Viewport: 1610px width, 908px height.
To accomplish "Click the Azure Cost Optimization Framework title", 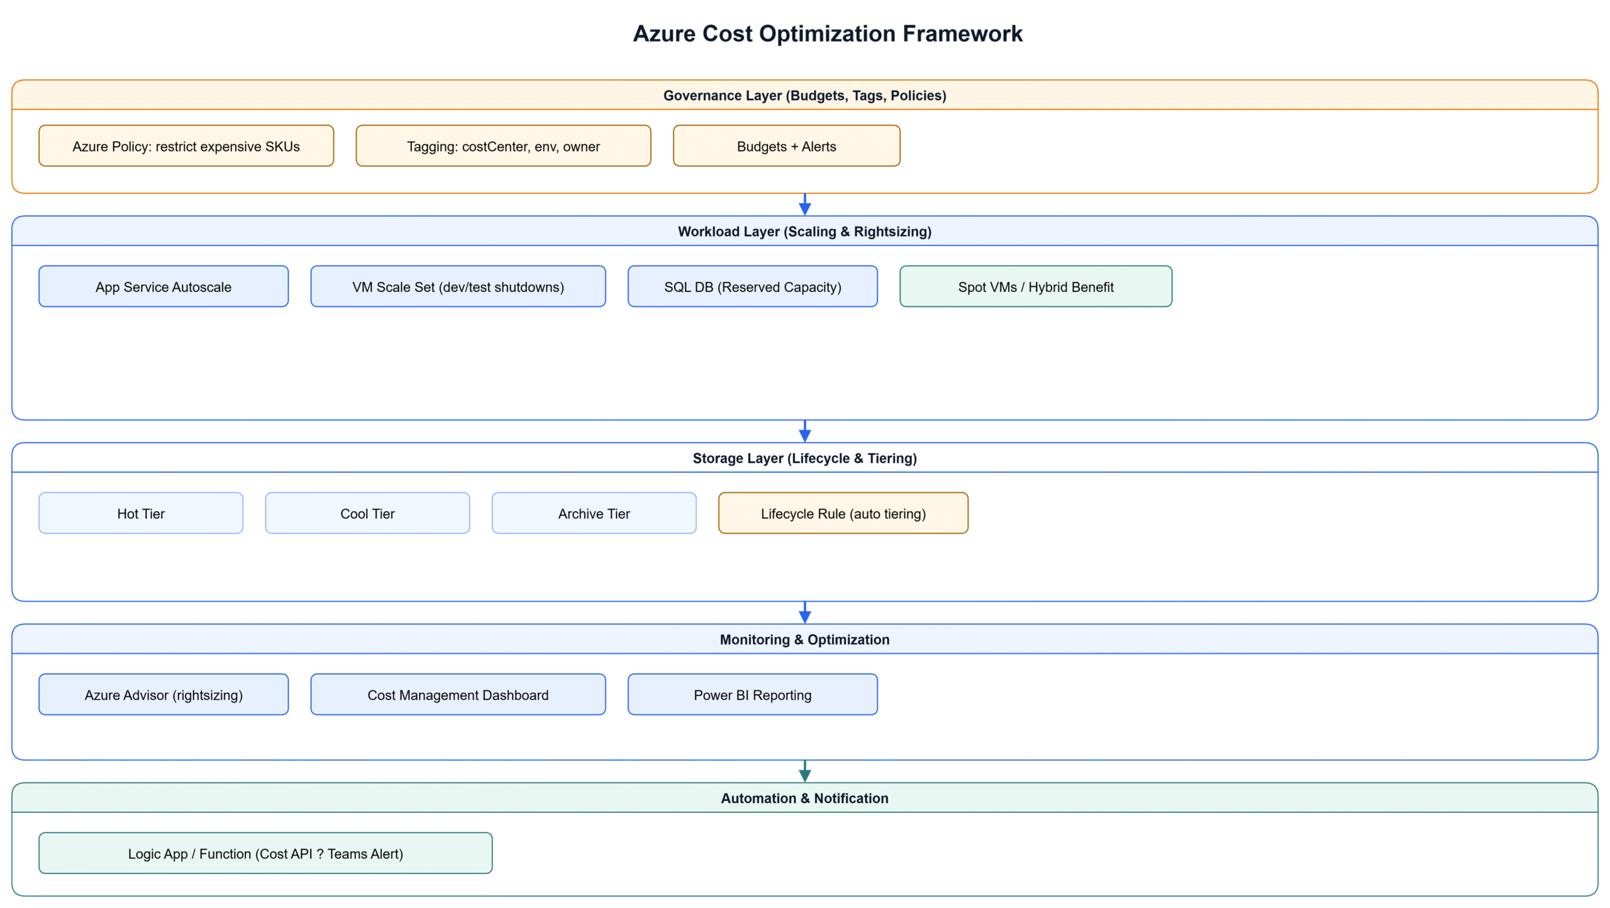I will tap(827, 33).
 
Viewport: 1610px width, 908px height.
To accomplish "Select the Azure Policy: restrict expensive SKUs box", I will tap(186, 146).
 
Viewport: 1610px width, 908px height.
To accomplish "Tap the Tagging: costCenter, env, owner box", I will tap(503, 146).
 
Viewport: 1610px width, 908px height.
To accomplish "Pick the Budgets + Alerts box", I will tap(786, 146).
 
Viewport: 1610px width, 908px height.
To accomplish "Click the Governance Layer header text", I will tap(804, 95).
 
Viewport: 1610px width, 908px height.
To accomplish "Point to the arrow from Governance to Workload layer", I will tap(804, 205).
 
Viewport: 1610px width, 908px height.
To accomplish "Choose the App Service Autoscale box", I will tap(164, 286).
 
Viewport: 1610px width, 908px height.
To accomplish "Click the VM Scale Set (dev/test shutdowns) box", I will tap(458, 286).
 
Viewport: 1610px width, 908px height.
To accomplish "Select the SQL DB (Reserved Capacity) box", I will tap(752, 286).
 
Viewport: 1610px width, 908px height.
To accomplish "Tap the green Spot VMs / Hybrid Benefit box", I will tap(1035, 286).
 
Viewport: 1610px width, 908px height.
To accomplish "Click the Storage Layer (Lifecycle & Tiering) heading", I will tap(804, 458).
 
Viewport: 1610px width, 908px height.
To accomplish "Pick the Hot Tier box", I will tap(141, 513).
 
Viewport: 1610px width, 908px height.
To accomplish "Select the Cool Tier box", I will tap(367, 513).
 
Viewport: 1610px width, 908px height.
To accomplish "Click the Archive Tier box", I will tap(594, 513).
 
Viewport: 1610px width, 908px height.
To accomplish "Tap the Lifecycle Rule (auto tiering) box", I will tap(843, 513).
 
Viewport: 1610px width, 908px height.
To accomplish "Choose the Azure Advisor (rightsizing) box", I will tap(164, 695).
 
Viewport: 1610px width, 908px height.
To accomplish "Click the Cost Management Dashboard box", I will tap(458, 695).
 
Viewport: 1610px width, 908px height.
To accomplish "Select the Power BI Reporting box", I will tap(752, 695).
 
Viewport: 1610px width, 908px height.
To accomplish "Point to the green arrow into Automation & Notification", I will tap(804, 771).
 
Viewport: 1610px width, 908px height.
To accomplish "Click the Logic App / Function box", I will tap(265, 853).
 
